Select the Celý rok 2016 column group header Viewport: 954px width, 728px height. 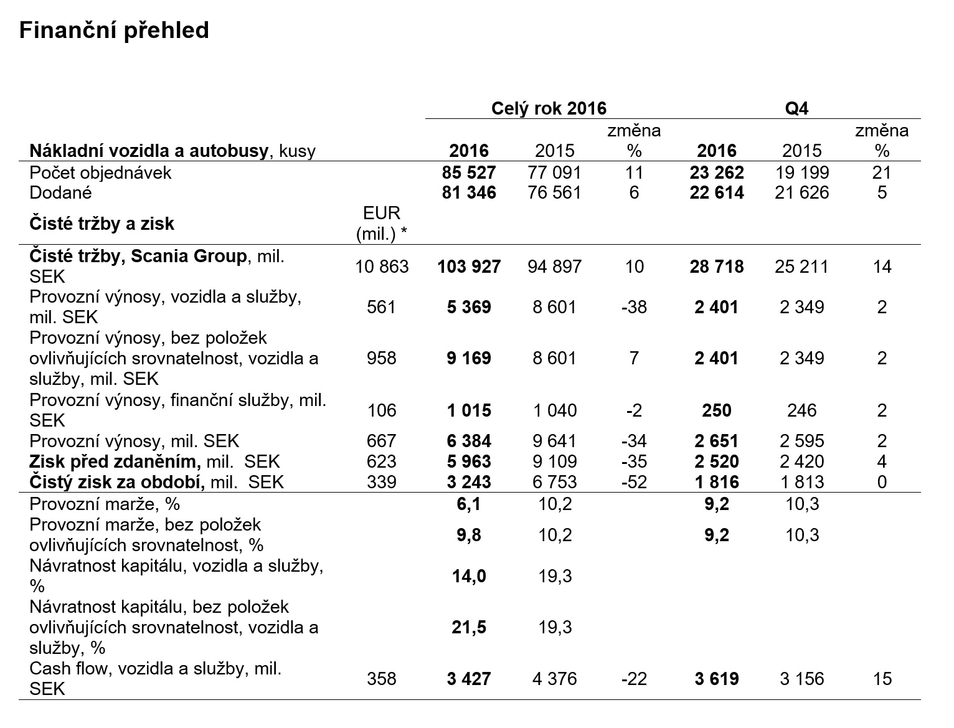point(549,108)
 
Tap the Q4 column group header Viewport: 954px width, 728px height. point(796,108)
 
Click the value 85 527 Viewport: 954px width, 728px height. point(469,173)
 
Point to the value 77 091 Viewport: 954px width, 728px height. point(554,173)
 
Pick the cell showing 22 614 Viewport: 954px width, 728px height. point(717,192)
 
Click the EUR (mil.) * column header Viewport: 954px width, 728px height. point(382,224)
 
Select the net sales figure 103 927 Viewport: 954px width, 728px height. point(469,267)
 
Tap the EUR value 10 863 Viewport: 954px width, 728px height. point(382,267)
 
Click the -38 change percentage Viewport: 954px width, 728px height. point(634,307)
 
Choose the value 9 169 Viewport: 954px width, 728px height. point(469,358)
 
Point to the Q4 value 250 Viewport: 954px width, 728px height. point(717,410)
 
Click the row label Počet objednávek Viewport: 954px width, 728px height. point(100,173)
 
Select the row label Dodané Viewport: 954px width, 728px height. point(60,192)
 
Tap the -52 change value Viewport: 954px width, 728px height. point(634,482)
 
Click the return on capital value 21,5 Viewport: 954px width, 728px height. point(469,627)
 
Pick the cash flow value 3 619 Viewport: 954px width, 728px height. point(717,679)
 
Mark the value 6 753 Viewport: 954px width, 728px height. point(555,482)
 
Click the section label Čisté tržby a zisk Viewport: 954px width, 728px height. point(102,224)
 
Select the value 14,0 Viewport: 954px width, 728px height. point(469,576)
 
